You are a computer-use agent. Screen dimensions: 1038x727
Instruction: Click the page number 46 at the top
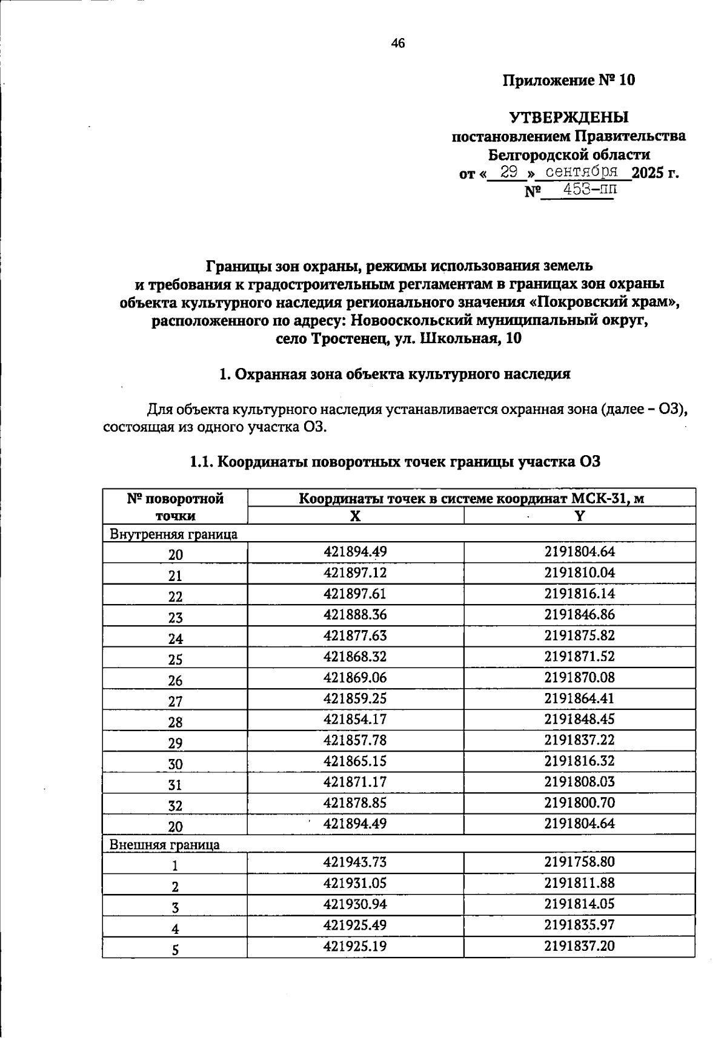[398, 43]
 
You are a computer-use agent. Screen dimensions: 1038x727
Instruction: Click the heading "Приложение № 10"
[569, 80]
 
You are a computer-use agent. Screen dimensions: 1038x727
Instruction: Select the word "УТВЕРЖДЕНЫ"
[568, 117]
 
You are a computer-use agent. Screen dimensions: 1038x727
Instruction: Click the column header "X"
[356, 516]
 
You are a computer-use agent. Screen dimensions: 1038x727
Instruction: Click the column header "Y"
[579, 516]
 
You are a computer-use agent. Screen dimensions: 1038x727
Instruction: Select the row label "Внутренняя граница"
[173, 534]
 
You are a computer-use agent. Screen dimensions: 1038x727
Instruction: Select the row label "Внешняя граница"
[164, 844]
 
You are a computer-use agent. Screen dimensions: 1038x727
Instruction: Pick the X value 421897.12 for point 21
[355, 573]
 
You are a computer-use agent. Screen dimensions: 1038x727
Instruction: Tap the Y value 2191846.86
[579, 614]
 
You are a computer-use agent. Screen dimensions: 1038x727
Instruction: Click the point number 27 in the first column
[175, 701]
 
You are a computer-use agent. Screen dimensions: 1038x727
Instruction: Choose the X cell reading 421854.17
[355, 719]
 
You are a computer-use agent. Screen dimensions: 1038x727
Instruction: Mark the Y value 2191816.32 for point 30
[579, 761]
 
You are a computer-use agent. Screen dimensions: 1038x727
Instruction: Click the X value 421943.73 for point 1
[355, 862]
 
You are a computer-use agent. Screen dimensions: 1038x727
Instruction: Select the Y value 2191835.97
[579, 925]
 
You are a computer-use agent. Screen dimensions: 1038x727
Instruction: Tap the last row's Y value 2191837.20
[579, 945]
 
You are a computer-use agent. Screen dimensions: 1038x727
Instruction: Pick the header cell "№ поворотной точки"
[175, 507]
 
